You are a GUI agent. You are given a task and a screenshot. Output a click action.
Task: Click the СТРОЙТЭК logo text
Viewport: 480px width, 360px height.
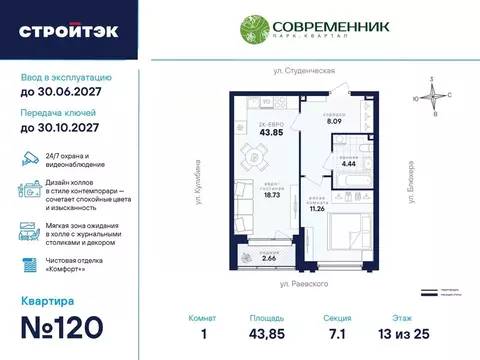click(68, 30)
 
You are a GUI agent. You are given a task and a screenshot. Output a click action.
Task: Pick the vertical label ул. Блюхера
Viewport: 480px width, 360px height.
click(410, 178)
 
